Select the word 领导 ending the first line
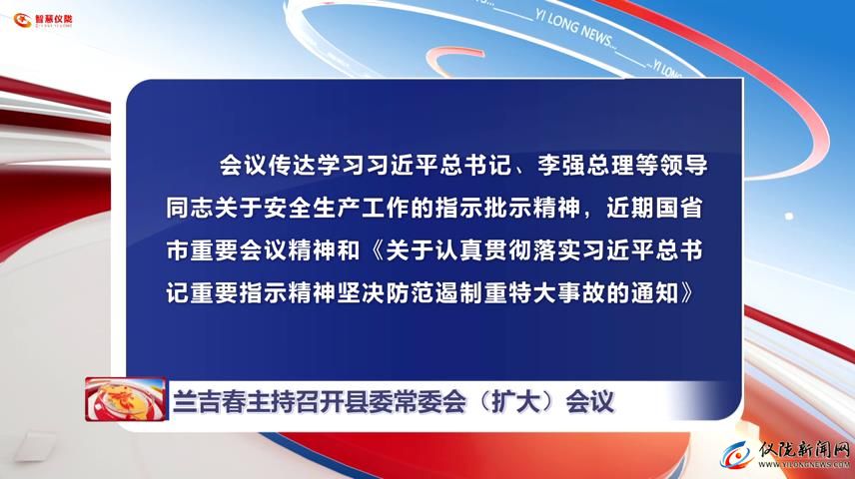coord(683,165)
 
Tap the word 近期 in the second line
coord(630,209)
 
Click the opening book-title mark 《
coord(374,251)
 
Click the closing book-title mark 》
coord(687,294)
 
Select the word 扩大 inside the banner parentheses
coord(516,402)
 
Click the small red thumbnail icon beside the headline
coord(126,399)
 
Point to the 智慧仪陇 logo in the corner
coord(43,20)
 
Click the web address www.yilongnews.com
coord(804,464)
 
